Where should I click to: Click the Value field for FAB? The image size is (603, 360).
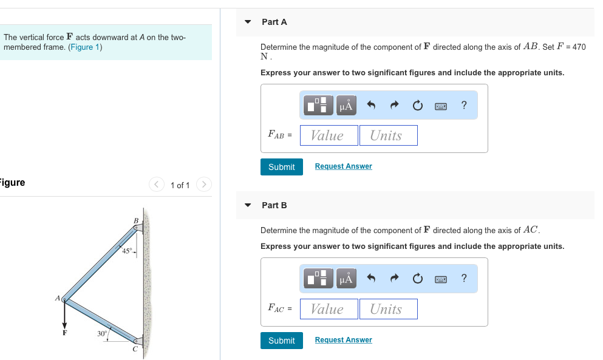pos(328,135)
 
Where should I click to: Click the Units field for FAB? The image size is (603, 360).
pos(388,135)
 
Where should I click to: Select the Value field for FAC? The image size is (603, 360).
pos(328,309)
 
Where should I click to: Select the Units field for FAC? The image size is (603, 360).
pos(388,309)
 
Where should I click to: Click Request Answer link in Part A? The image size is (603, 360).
pos(343,166)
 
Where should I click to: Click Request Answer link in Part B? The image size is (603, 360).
pos(343,340)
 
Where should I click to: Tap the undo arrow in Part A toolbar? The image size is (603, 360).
pos(372,106)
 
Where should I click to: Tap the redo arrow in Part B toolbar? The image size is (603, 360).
pos(394,279)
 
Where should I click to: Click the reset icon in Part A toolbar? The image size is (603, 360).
pos(417,106)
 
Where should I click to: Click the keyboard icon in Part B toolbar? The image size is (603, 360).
pos(441,279)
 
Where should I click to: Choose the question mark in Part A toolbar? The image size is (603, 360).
pos(464,106)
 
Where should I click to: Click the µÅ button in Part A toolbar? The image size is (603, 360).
pos(346,106)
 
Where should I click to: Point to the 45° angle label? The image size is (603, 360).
pos(127,251)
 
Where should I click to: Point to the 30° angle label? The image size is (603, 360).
pos(103,334)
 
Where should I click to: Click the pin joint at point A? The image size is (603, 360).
pos(64,300)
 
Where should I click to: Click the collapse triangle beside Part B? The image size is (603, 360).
pos(248,205)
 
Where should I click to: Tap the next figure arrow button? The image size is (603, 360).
pos(204,185)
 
